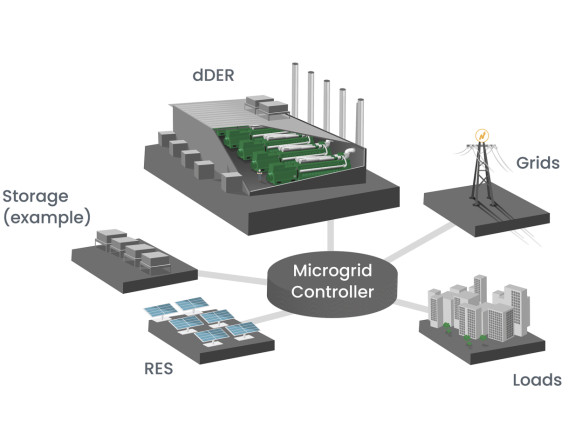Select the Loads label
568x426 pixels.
tap(536, 381)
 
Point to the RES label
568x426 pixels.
tap(159, 370)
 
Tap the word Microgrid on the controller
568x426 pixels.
tap(332, 271)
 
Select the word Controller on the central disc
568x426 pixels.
tap(333, 292)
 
